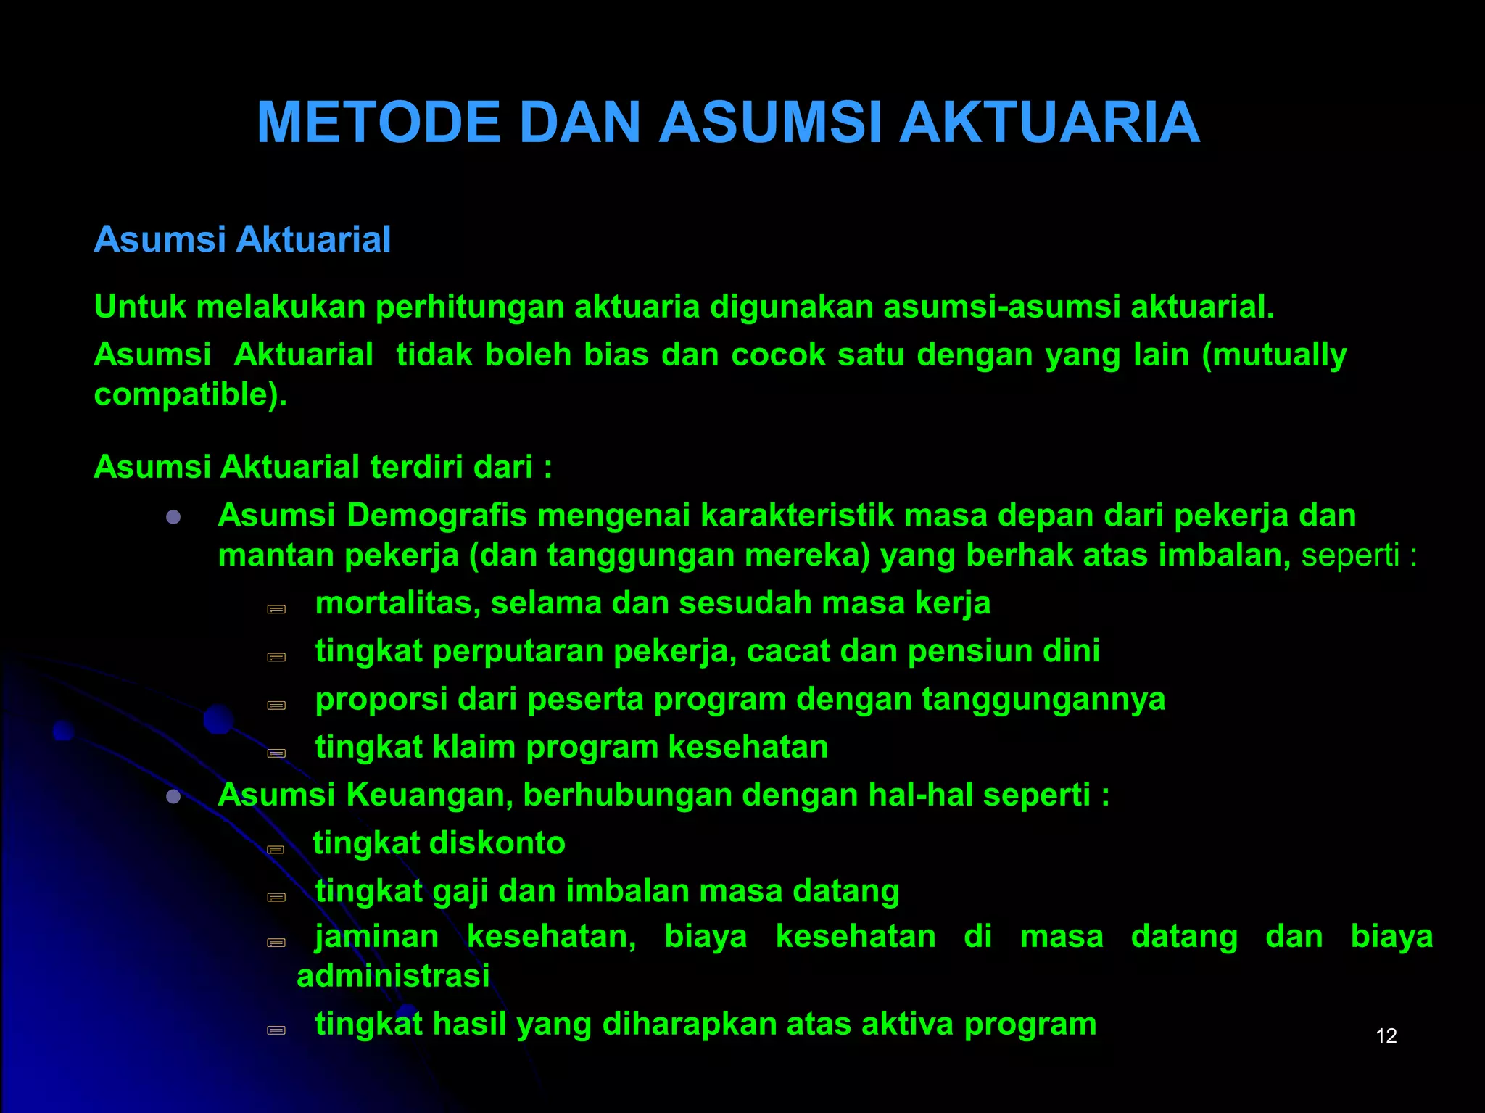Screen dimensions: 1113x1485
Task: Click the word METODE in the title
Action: coord(379,123)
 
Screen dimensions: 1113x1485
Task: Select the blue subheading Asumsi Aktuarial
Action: coord(242,240)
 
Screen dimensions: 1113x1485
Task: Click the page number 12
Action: coord(1386,1036)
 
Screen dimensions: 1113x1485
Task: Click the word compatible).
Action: coord(191,395)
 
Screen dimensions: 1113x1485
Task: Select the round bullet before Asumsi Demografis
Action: coord(173,517)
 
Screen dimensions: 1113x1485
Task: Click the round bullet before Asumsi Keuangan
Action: coord(173,797)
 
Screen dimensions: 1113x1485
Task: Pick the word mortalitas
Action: coord(397,603)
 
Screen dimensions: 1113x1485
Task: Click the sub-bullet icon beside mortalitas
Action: coord(276,609)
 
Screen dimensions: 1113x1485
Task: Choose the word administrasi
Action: coord(393,976)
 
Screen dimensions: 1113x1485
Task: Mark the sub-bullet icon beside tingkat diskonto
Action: coord(276,849)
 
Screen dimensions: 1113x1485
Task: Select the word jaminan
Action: coord(377,937)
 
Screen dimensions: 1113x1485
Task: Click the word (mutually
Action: coord(1274,355)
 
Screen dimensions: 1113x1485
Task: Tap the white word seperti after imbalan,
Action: coord(1350,555)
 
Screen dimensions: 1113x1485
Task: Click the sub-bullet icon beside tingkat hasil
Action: coord(276,1030)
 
